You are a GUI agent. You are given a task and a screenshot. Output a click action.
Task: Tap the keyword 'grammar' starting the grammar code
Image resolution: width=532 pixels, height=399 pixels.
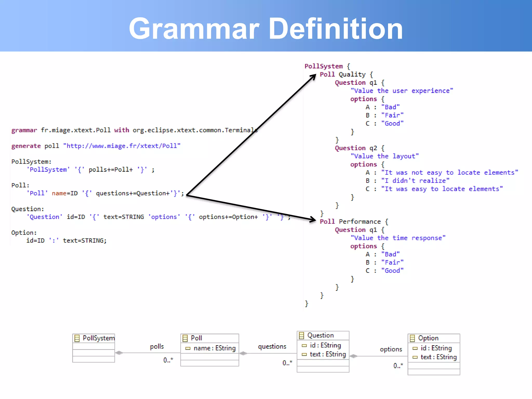point(24,130)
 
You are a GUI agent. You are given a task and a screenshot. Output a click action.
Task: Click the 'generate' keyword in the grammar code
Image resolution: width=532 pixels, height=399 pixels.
point(26,146)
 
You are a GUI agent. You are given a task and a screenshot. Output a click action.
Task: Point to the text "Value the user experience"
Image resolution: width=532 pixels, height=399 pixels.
point(402,91)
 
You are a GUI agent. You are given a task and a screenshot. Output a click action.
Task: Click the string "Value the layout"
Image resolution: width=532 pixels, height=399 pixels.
point(384,156)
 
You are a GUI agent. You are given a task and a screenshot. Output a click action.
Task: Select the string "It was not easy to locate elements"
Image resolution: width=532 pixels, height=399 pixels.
point(449,172)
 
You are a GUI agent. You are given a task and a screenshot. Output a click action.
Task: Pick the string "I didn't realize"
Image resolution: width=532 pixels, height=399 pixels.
point(415,181)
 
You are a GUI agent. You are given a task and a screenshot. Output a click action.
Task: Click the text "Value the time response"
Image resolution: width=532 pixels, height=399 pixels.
point(398,238)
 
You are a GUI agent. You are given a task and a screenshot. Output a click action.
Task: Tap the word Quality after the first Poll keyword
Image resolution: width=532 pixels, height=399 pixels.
point(352,75)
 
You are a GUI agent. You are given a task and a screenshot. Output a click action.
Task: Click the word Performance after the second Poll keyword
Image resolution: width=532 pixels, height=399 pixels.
point(360,222)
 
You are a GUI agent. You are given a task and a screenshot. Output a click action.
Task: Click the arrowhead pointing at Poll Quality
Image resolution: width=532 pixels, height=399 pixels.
point(313,77)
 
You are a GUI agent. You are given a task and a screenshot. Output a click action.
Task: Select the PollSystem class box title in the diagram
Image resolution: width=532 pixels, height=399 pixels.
point(98,338)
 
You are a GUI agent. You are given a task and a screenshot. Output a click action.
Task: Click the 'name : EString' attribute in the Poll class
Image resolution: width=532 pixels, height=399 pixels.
point(214,348)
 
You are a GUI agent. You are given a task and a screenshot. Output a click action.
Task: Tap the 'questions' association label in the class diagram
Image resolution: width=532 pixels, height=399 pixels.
point(272,347)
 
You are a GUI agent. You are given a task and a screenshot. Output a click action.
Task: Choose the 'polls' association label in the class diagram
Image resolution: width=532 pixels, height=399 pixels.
point(157,347)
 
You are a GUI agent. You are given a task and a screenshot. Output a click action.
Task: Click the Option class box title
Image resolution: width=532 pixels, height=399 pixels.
point(428,338)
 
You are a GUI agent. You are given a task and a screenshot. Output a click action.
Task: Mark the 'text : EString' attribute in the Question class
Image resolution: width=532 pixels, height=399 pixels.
point(328,354)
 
